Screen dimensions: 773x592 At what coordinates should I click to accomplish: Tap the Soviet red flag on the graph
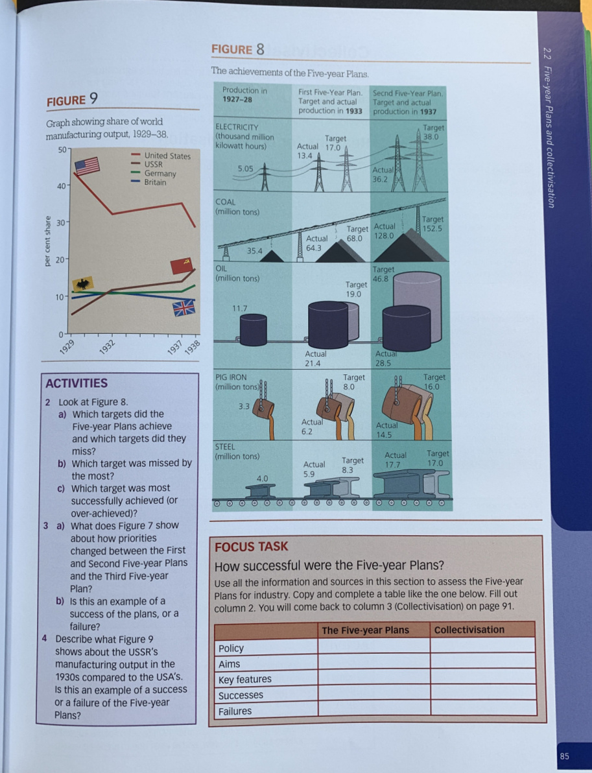click(x=182, y=265)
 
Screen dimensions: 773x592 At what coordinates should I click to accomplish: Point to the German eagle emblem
click(x=84, y=283)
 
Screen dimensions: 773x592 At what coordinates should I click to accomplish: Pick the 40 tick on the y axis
click(x=59, y=187)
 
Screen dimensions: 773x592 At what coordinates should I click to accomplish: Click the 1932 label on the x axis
click(x=108, y=345)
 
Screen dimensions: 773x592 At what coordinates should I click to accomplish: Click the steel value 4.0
click(x=262, y=478)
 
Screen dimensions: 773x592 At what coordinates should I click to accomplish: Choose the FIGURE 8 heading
click(x=238, y=49)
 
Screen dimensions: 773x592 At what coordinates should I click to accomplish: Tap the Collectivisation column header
click(x=469, y=630)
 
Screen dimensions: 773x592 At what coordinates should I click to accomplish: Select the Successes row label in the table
click(x=241, y=695)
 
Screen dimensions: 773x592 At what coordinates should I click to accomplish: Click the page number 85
click(x=564, y=756)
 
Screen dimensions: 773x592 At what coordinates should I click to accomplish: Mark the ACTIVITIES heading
click(x=77, y=383)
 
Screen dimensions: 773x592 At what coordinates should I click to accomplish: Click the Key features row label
click(x=244, y=679)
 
